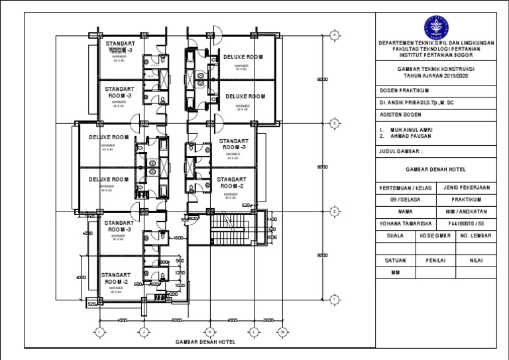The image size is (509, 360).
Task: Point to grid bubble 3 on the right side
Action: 335,123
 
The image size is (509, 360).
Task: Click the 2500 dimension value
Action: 268,320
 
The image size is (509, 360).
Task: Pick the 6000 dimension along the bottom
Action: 176,320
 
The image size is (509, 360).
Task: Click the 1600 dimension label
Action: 178,238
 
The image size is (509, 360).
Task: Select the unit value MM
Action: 395,272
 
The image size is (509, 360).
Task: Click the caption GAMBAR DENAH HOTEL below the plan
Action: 205,342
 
